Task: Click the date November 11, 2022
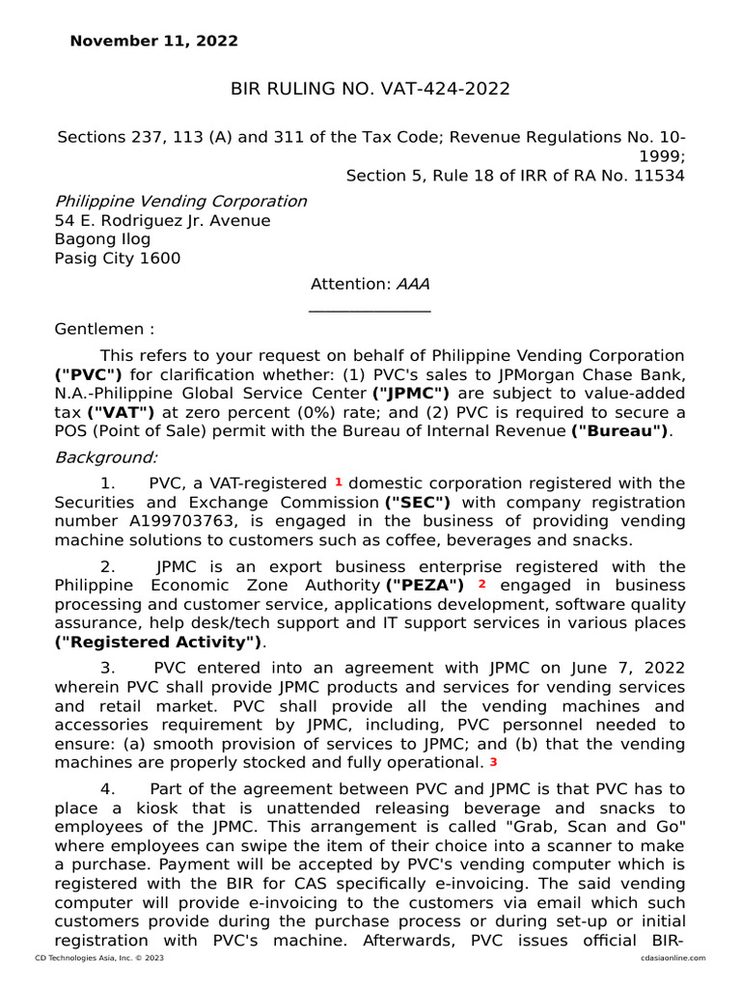pyautogui.click(x=153, y=41)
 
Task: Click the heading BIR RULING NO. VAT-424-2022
pyautogui.click(x=370, y=90)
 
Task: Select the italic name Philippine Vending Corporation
pyautogui.click(x=180, y=202)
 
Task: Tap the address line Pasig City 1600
pyautogui.click(x=117, y=259)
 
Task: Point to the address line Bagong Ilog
pyautogui.click(x=102, y=239)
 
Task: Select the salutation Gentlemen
pyautogui.click(x=103, y=329)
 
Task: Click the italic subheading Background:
pyautogui.click(x=106, y=456)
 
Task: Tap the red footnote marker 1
pyautogui.click(x=339, y=480)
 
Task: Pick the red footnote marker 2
pyautogui.click(x=481, y=584)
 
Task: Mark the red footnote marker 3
pyautogui.click(x=493, y=762)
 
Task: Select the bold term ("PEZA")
pyautogui.click(x=425, y=586)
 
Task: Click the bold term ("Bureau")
pyautogui.click(x=619, y=431)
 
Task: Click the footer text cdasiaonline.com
pyautogui.click(x=672, y=958)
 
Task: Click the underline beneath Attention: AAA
pyautogui.click(x=370, y=311)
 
